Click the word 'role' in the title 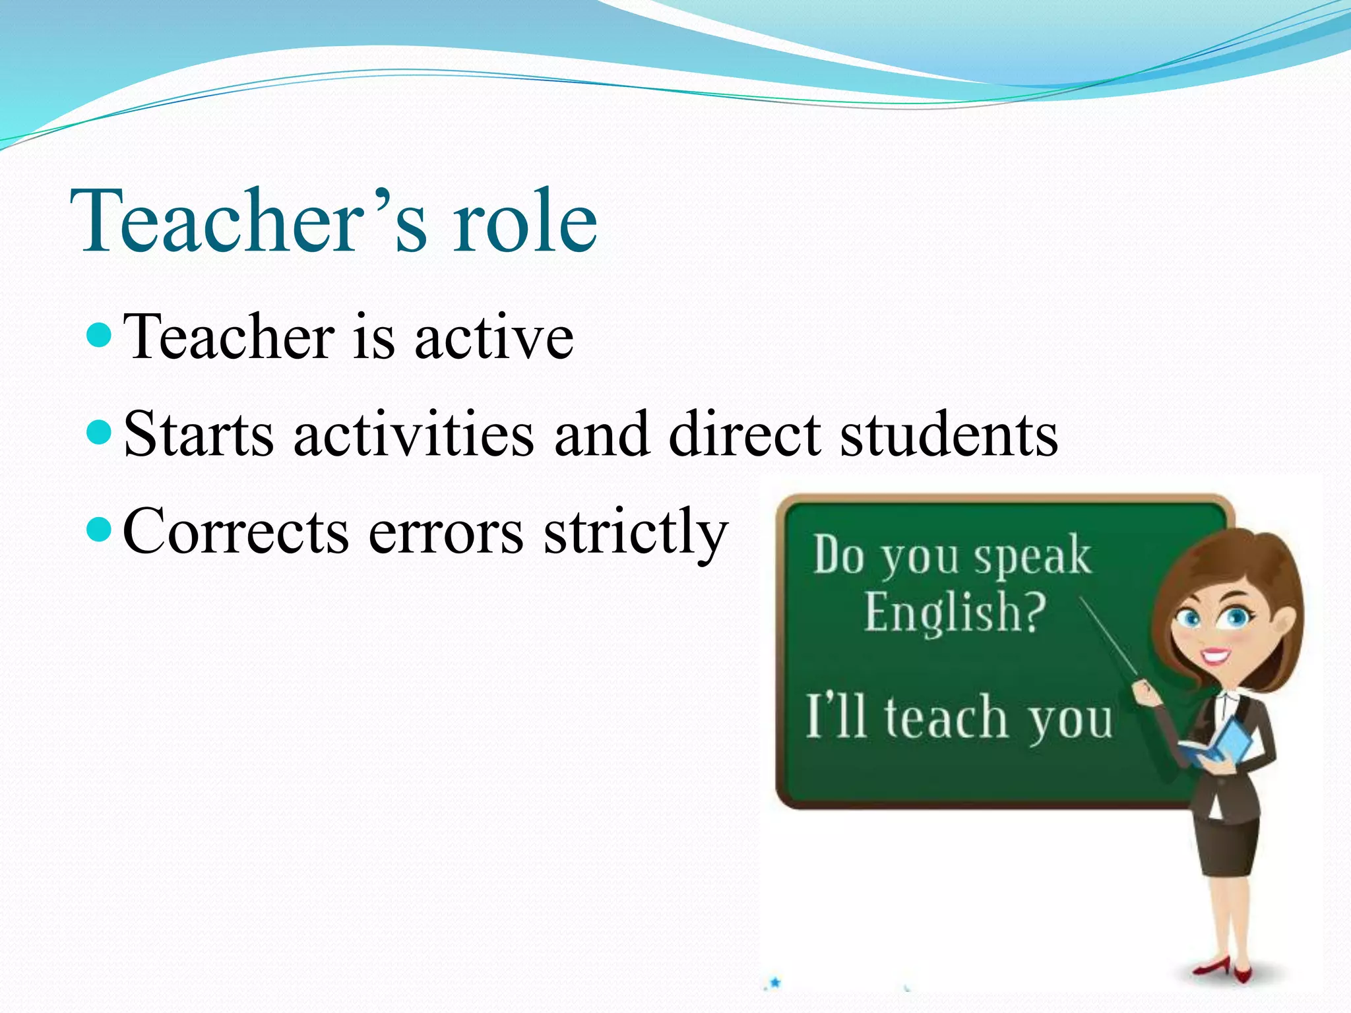(x=524, y=220)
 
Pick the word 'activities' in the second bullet (x=414, y=435)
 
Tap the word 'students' (x=949, y=435)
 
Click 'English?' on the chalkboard (x=955, y=612)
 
